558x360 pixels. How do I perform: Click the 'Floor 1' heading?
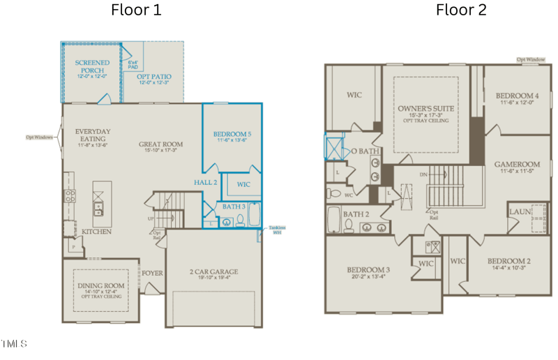point(136,10)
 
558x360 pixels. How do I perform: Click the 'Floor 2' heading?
point(461,10)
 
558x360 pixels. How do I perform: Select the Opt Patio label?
point(155,77)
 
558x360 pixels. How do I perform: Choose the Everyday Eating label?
point(93,135)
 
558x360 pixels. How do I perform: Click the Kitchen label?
point(96,231)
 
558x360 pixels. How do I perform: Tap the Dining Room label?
point(100,285)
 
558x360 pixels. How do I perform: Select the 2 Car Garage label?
point(213,272)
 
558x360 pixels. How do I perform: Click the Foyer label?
point(152,273)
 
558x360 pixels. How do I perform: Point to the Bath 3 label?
point(234,207)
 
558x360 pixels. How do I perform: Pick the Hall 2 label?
point(206,182)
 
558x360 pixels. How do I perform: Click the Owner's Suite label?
point(425,109)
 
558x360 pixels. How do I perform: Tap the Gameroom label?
point(517,165)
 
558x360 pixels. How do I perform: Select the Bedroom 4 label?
point(517,96)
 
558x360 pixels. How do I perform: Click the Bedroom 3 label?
point(368,269)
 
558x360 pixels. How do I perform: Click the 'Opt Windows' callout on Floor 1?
point(40,137)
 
